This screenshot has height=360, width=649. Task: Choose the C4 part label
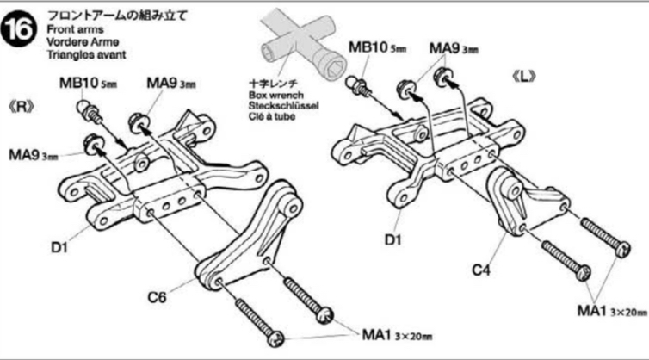click(x=481, y=269)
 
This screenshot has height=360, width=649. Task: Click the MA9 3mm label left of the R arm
click(x=34, y=155)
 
